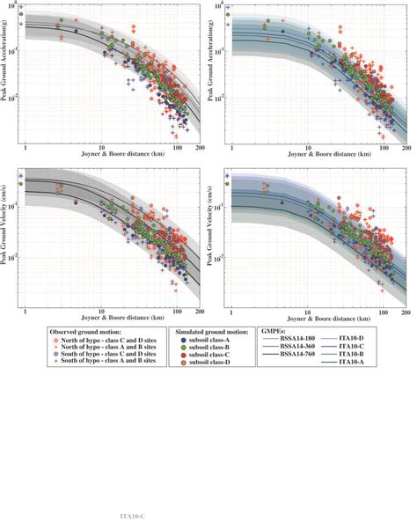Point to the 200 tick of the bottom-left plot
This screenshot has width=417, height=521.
[201, 312]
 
